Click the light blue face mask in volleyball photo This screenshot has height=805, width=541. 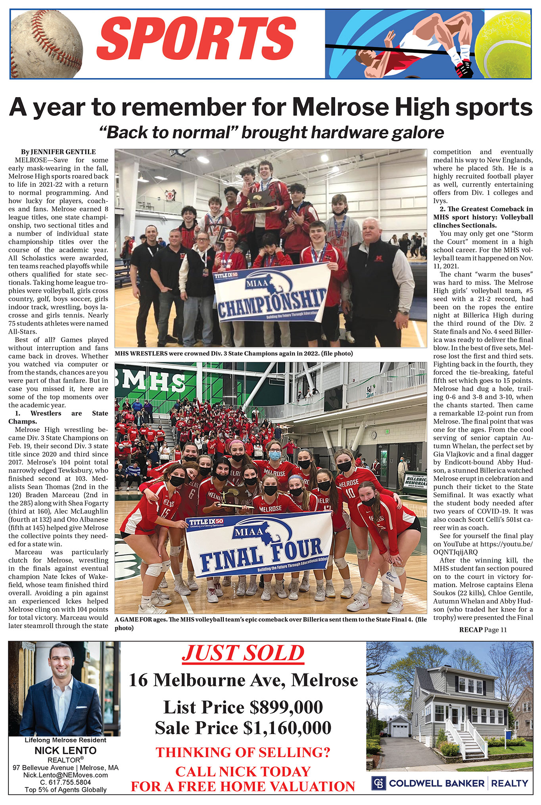coord(275,456)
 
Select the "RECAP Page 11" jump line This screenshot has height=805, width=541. coord(483,629)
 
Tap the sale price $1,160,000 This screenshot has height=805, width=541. coord(243,727)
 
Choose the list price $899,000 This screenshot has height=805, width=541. coord(243,707)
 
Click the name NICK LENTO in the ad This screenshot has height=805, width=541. coord(65,750)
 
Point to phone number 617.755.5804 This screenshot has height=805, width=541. coord(65,782)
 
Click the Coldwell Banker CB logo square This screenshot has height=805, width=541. coord(378,783)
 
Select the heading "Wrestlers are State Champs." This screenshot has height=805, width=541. coord(58,417)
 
